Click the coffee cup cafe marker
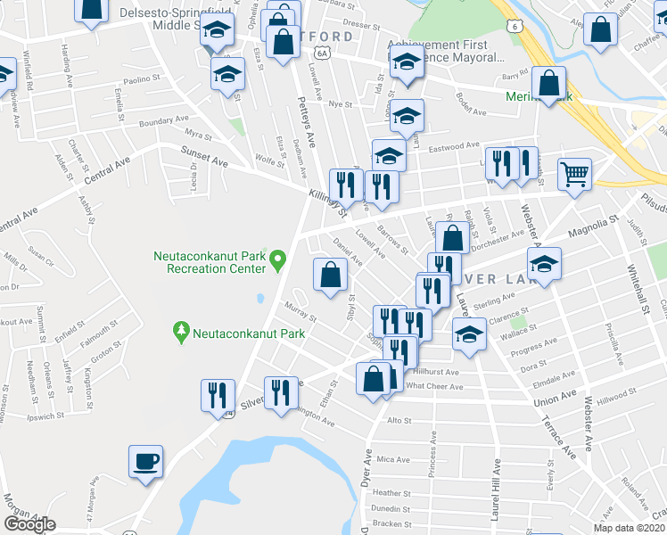145,462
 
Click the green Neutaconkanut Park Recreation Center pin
277,261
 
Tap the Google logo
29,524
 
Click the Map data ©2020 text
630,528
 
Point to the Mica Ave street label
392,460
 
